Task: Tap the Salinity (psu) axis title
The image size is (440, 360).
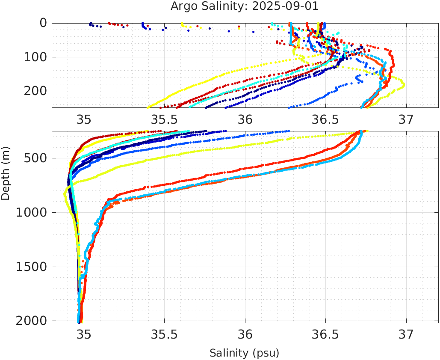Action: click(x=244, y=353)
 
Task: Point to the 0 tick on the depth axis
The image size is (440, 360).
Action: click(x=43, y=23)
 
